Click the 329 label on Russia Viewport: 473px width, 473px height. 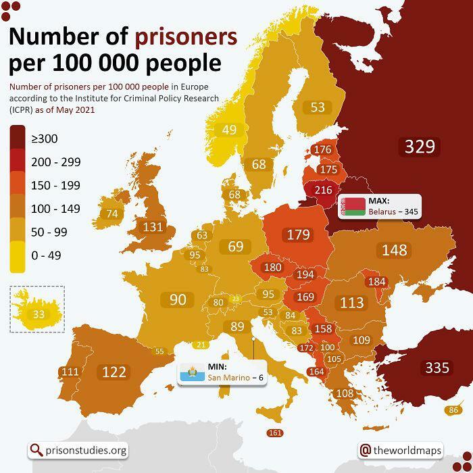(x=419, y=146)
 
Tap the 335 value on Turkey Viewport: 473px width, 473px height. (x=437, y=368)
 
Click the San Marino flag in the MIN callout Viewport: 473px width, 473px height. (x=192, y=372)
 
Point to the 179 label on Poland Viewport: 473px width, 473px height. (x=298, y=234)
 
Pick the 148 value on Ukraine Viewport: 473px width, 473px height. (x=394, y=250)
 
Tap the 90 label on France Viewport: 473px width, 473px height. (x=177, y=299)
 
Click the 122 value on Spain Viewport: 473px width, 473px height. (x=114, y=372)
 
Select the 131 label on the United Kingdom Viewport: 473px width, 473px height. (x=153, y=227)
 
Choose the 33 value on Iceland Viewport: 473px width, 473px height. (x=39, y=314)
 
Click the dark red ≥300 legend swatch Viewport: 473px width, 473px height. (x=18, y=139)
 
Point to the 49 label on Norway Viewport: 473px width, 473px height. (x=229, y=130)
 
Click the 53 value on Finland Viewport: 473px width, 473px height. (x=317, y=107)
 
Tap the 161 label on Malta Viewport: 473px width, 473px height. (x=275, y=433)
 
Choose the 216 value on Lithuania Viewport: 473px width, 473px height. (x=324, y=191)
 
